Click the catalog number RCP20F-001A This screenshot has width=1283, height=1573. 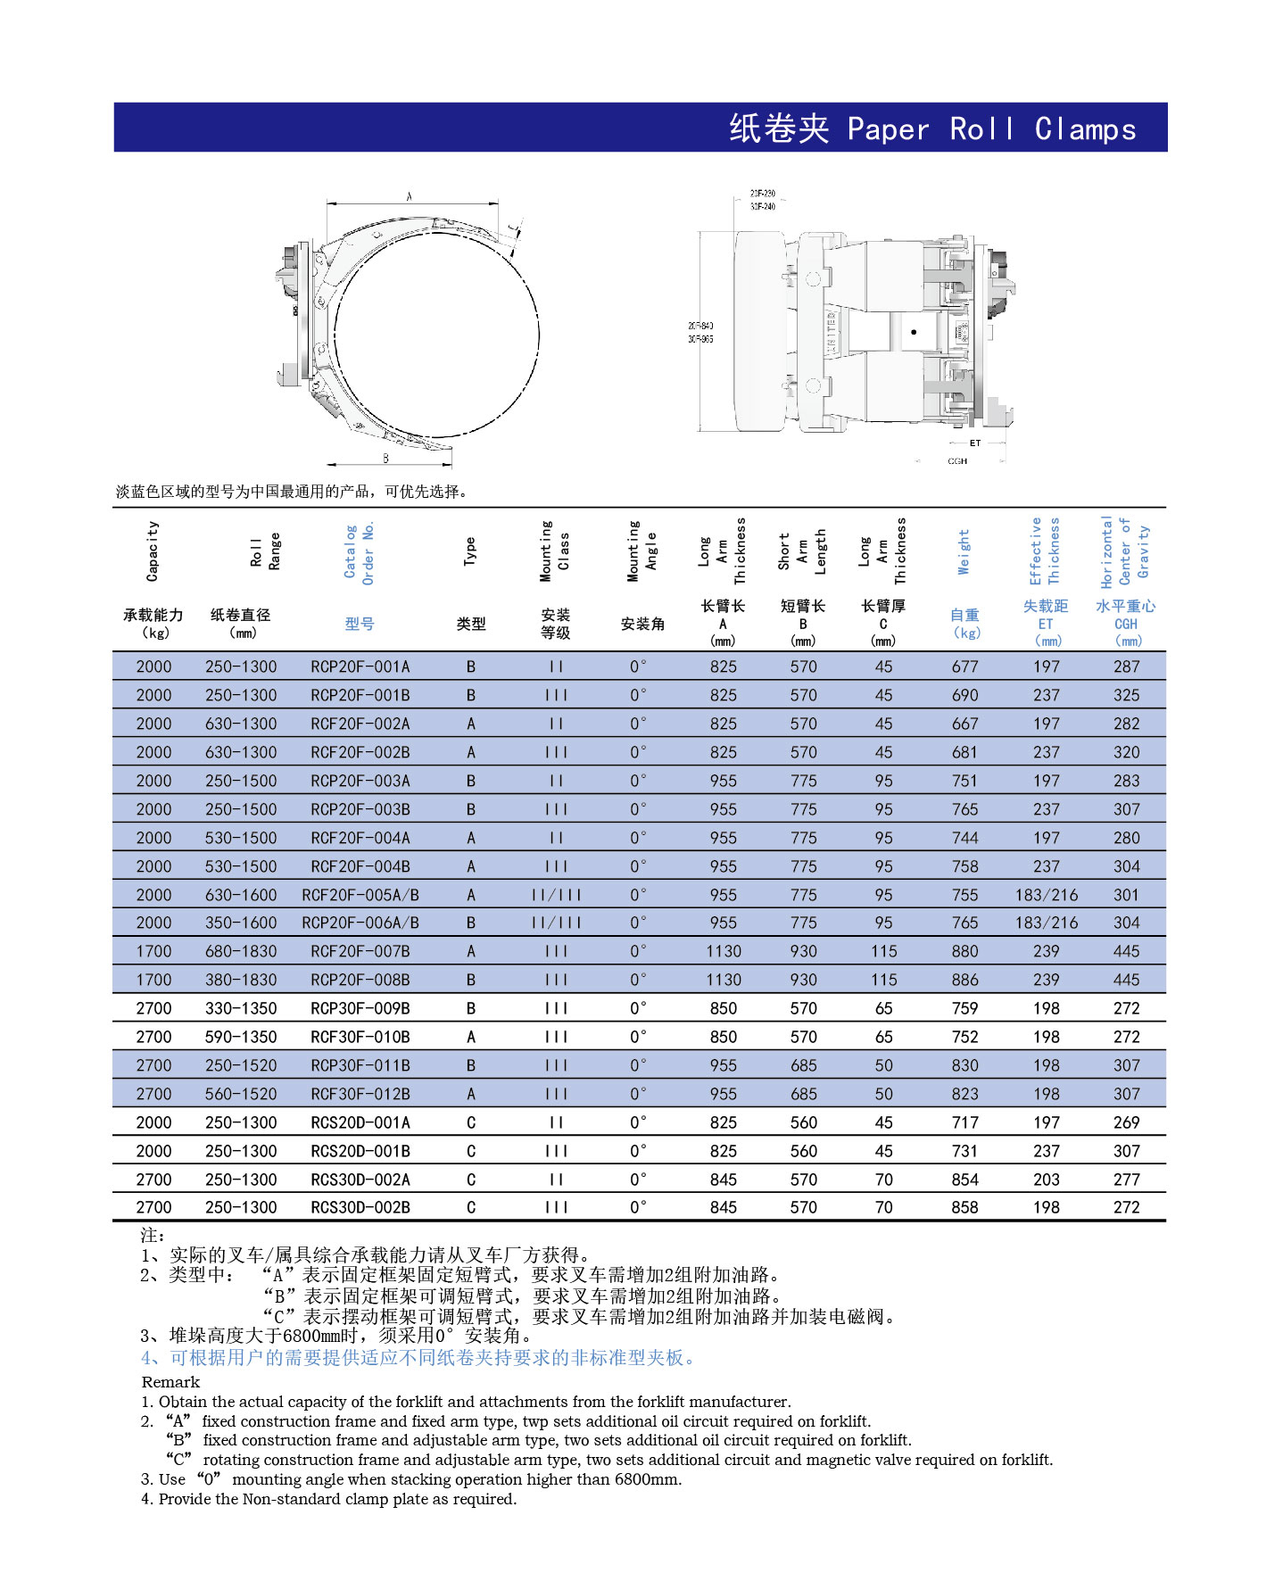(360, 666)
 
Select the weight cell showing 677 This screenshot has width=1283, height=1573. (964, 666)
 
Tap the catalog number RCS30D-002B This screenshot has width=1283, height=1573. (360, 1207)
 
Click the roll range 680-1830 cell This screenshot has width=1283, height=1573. (241, 951)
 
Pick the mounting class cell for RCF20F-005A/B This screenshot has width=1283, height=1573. (556, 895)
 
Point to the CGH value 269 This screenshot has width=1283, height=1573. (1126, 1122)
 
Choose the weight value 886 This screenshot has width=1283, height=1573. (964, 980)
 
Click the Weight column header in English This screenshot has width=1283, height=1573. (964, 551)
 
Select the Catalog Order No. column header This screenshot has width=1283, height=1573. (360, 554)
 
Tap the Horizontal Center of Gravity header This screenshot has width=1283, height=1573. (1125, 551)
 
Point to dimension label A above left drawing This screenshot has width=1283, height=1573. (410, 196)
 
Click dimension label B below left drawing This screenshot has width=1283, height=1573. (385, 458)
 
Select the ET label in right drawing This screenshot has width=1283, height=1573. (974, 443)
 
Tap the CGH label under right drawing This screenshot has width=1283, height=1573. (957, 461)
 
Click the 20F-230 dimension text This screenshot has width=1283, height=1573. (762, 194)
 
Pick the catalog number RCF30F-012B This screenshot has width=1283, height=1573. (360, 1094)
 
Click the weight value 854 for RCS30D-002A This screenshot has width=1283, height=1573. (964, 1180)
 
